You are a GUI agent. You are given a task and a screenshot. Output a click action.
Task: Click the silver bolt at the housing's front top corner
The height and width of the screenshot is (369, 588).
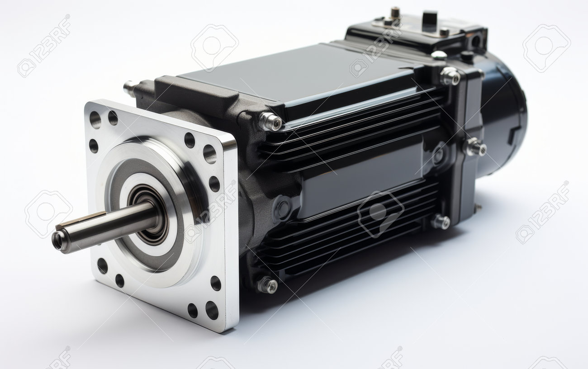pyautogui.click(x=270, y=122)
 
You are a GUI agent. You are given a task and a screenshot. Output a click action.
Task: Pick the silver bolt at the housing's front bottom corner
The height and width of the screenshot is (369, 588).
pyautogui.click(x=267, y=284)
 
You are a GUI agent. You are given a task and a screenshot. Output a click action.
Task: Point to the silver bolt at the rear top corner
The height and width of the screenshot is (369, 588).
pyautogui.click(x=450, y=76)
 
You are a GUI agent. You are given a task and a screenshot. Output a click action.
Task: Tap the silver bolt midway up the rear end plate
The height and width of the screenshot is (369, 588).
pyautogui.click(x=475, y=147)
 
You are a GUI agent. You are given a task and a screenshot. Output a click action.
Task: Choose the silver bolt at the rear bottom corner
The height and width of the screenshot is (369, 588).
pyautogui.click(x=441, y=222)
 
